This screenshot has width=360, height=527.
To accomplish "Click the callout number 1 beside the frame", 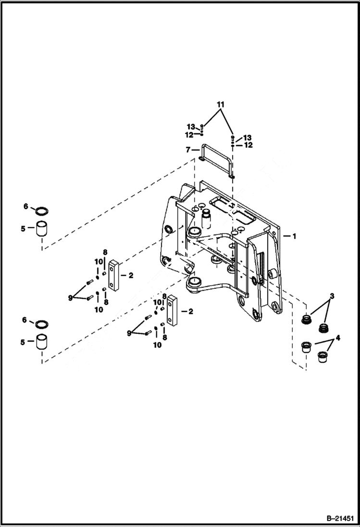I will coord(294,236).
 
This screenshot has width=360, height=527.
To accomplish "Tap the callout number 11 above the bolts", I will coord(220,104).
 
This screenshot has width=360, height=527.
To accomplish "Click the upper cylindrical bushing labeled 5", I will coord(41,229).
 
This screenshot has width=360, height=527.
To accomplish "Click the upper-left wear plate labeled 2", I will coord(113,275).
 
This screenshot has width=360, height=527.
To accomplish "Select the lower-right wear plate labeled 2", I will coord(172,311).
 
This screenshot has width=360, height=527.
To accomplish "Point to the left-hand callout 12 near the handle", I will coord(189,135).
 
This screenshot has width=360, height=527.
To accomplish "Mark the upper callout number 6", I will coord(26,207).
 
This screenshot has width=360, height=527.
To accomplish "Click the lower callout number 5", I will coord(23,343).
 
